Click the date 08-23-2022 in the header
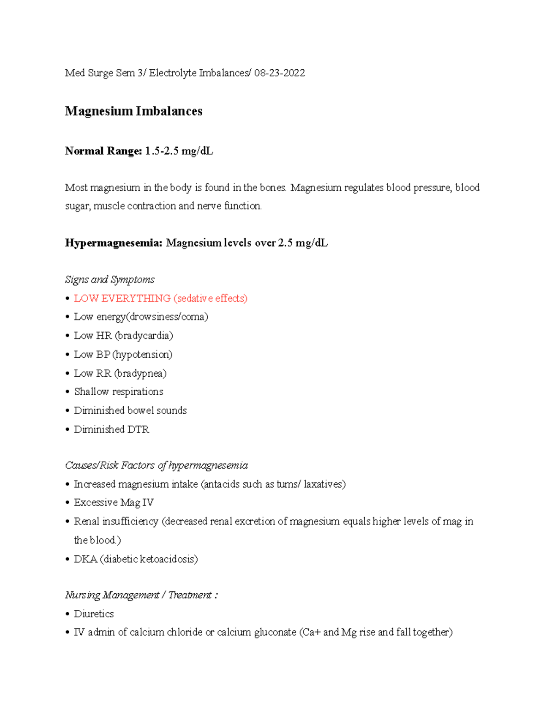click(279, 73)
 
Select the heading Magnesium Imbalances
click(133, 111)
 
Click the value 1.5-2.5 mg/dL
click(179, 151)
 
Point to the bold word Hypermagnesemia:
click(114, 243)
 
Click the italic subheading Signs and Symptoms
click(110, 279)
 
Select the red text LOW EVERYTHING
click(122, 298)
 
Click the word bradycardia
click(144, 336)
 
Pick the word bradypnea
click(140, 373)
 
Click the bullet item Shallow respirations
click(119, 392)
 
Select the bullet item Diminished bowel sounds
click(130, 410)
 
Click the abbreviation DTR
click(138, 429)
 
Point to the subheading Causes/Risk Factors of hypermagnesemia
click(157, 465)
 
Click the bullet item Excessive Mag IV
click(114, 502)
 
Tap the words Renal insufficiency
click(116, 521)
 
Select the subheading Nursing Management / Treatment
click(141, 595)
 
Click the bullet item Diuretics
click(94, 614)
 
